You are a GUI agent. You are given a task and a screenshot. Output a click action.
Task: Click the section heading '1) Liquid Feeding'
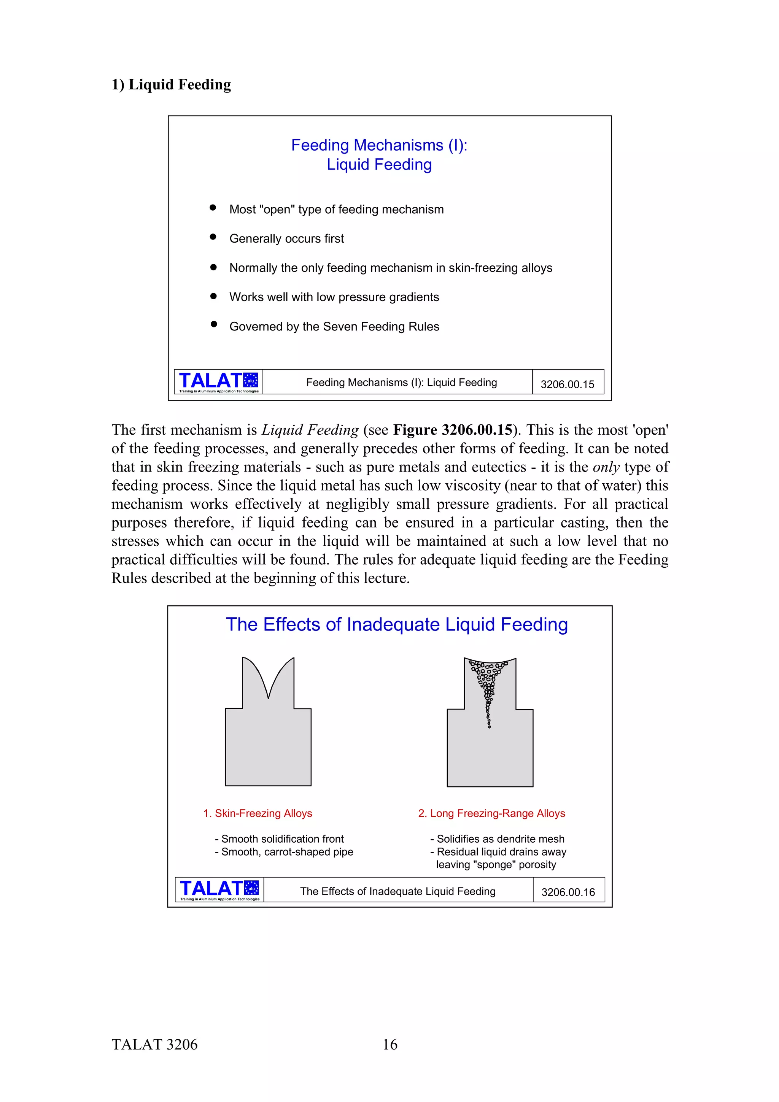coord(171,84)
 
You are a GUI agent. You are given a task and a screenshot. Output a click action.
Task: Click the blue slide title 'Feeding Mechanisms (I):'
coord(379,145)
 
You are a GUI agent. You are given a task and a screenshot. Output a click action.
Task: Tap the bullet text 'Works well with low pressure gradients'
coord(334,297)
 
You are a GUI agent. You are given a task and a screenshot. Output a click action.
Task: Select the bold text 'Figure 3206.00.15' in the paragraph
coord(453,430)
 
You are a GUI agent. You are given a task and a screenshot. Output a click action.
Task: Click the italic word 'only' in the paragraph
coord(606,467)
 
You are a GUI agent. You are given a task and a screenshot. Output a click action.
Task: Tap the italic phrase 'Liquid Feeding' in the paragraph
coord(310,430)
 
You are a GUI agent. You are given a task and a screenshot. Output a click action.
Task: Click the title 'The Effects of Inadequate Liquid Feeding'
coord(396,624)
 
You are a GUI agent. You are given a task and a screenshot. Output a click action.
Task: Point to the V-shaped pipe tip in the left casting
coord(268,696)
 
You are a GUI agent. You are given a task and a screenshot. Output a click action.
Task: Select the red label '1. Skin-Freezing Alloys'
coord(258,813)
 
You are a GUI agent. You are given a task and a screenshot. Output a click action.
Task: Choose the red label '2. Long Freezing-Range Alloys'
coord(491,813)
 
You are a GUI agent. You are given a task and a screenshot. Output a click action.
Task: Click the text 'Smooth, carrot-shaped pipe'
coord(287,851)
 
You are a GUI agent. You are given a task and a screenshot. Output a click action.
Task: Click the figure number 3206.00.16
coord(568,892)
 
